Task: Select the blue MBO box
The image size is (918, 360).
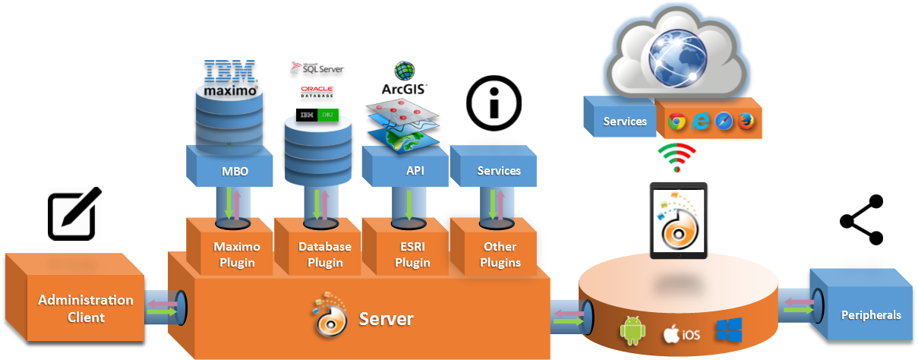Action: (x=231, y=171)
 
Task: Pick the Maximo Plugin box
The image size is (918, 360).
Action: (x=236, y=254)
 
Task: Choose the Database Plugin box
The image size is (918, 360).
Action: (x=324, y=254)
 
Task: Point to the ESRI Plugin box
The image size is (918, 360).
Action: (x=412, y=254)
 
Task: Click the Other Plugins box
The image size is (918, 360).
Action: (x=500, y=254)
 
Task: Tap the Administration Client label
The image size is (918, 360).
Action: (x=86, y=308)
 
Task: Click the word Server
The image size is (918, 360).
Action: (x=386, y=318)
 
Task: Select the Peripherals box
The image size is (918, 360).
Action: (x=870, y=314)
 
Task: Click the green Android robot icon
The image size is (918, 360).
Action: (x=633, y=332)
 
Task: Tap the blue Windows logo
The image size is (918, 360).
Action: (x=728, y=330)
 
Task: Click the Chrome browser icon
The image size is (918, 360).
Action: (x=677, y=122)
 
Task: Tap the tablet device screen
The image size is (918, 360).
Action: (x=679, y=220)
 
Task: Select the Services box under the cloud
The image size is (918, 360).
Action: (x=624, y=121)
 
